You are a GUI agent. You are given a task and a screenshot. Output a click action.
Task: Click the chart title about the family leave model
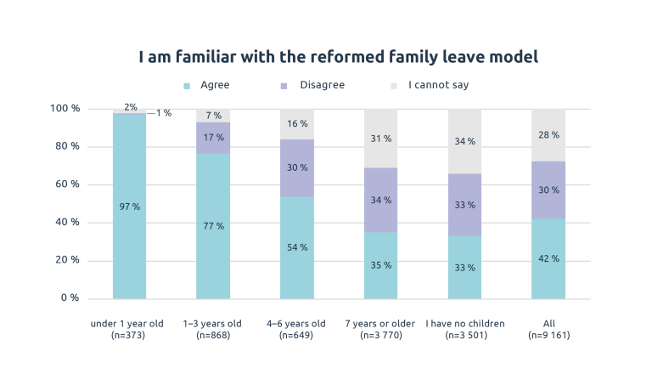[x=339, y=57]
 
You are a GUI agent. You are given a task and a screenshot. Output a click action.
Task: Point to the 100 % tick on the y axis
[x=65, y=109]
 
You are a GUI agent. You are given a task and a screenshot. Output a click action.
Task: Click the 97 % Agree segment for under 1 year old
[x=129, y=207]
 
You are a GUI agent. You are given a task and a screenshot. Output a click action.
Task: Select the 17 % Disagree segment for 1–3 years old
[x=213, y=138]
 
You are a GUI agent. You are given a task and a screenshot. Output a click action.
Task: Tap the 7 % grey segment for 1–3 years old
[x=213, y=116]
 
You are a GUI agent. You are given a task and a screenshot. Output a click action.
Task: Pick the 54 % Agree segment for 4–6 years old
[x=297, y=247]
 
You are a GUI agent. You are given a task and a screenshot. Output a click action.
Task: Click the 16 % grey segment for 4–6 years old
[x=297, y=124]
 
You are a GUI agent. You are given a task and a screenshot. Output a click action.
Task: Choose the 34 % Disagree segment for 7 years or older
[x=381, y=200]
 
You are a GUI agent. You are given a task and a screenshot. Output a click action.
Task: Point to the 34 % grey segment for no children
[x=464, y=141]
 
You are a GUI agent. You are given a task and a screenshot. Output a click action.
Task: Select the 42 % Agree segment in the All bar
[x=548, y=258]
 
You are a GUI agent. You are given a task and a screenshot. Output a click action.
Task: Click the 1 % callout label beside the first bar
[x=163, y=113]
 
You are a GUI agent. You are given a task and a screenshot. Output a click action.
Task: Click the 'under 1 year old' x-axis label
[x=129, y=323]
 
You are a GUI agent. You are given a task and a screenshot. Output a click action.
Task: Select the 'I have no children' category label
[x=465, y=323]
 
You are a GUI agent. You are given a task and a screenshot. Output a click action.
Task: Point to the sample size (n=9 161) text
[x=548, y=336]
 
